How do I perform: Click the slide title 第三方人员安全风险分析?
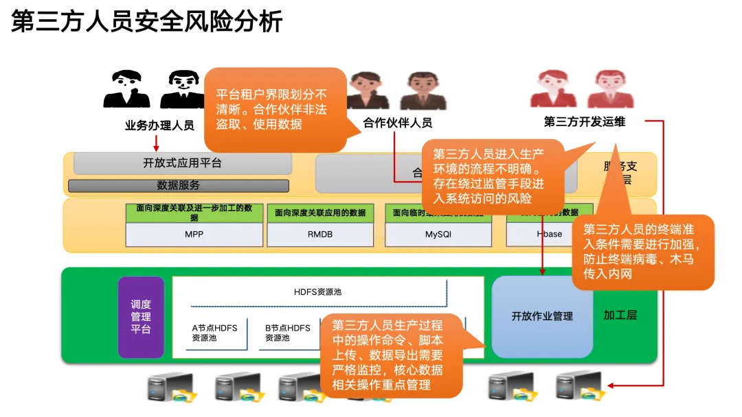[x=147, y=22]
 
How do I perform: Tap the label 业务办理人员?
[x=159, y=126]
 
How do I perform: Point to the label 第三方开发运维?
[x=585, y=122]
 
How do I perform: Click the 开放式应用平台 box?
[x=182, y=163]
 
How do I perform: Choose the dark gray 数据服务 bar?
[x=178, y=185]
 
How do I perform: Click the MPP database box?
[x=194, y=234]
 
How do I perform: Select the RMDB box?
[x=320, y=234]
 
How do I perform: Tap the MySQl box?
[x=438, y=234]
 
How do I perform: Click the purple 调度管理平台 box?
[x=141, y=317]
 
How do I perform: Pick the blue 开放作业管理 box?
[x=542, y=316]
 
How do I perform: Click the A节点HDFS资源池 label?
[x=214, y=333]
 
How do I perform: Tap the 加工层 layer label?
[x=620, y=315]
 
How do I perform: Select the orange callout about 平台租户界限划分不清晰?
[x=275, y=110]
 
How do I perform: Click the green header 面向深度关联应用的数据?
[x=320, y=213]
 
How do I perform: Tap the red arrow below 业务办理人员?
[x=157, y=143]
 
